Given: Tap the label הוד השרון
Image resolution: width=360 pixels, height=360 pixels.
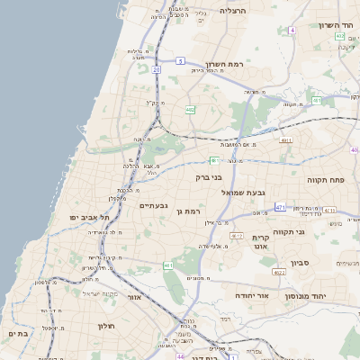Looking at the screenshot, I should click(332, 25).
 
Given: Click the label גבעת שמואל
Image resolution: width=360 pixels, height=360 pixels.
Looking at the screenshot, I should click(268, 192).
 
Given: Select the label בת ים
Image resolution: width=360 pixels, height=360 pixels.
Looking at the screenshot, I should click(16, 334).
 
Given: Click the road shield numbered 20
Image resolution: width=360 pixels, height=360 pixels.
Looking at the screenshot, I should click(157, 68).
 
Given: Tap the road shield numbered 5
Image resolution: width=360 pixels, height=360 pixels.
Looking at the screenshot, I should click(181, 60).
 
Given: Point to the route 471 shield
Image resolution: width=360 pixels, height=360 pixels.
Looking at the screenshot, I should click(280, 207).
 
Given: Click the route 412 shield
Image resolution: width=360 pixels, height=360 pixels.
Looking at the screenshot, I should click(237, 236).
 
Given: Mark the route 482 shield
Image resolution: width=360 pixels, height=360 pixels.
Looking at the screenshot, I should click(190, 110).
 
